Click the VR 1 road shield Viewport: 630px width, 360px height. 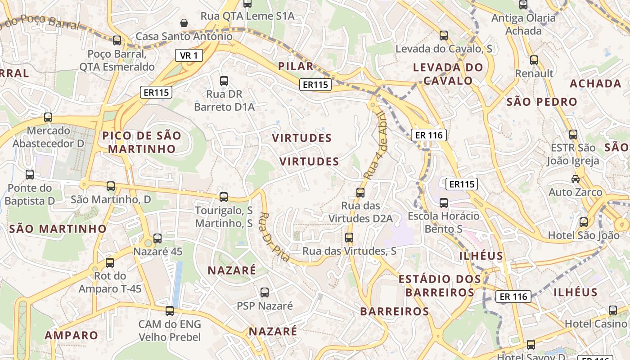(x=189, y=56)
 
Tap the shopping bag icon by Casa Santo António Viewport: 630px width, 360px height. (x=184, y=22)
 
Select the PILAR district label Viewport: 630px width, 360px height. (x=296, y=67)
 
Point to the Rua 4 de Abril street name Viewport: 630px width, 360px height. (x=376, y=145)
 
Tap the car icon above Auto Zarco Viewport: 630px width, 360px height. (x=575, y=179)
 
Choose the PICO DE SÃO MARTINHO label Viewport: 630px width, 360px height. (x=142, y=142)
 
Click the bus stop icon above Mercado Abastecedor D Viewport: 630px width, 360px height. (x=48, y=117)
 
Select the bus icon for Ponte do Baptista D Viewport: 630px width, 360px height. (x=30, y=175)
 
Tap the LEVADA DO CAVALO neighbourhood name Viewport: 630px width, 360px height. (x=448, y=74)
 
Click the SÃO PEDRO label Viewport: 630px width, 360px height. (x=542, y=102)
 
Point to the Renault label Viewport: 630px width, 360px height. (x=534, y=73)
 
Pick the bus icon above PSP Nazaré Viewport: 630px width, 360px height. (x=265, y=292)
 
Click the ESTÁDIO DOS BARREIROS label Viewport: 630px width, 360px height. (x=440, y=286)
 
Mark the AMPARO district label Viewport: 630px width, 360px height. (x=71, y=335)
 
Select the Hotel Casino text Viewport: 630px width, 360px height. (x=595, y=324)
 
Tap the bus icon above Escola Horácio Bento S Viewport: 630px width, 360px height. (x=444, y=203)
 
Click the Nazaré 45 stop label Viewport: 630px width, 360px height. (x=157, y=252)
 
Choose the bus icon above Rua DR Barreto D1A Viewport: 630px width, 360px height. (x=224, y=81)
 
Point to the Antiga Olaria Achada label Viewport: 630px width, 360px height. (x=523, y=24)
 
